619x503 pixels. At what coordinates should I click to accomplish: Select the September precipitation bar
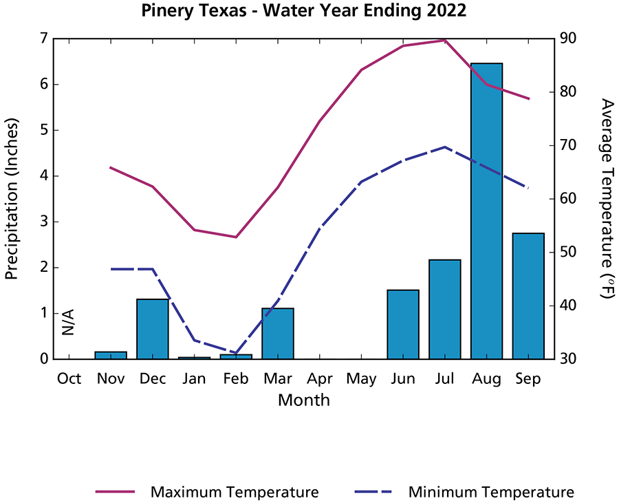tap(528, 296)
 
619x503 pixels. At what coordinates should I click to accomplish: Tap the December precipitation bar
tap(153, 329)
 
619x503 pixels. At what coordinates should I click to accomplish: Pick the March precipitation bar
tap(278, 334)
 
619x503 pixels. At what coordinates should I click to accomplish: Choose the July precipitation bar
tap(445, 310)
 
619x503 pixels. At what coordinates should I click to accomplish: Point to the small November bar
tap(111, 355)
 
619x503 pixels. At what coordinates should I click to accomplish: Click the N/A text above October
tap(68, 322)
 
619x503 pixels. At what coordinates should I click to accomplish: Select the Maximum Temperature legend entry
tap(206, 492)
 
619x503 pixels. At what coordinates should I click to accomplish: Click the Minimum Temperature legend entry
tap(464, 492)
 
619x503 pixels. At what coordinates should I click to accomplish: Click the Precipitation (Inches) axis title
tap(12, 198)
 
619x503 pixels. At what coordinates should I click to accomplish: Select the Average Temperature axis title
tap(607, 198)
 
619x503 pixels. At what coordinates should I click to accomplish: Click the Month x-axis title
tap(303, 400)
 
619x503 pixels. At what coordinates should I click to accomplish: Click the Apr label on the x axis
tap(320, 378)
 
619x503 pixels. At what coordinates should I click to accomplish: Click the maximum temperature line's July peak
tap(445, 40)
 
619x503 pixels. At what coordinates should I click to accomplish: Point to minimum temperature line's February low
tap(236, 353)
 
